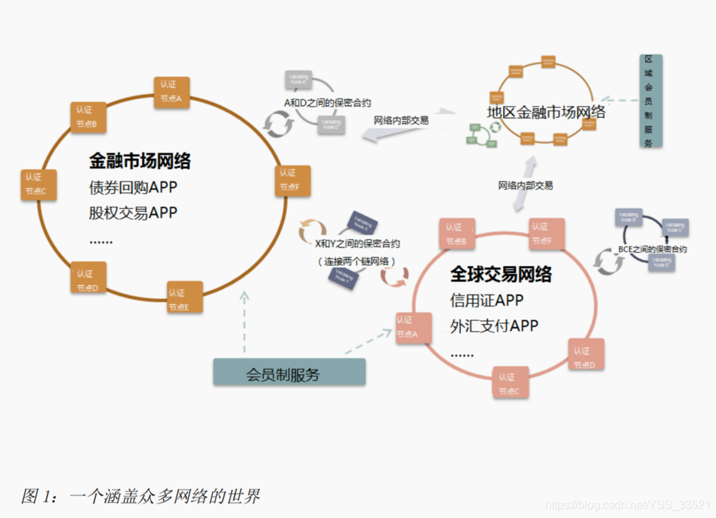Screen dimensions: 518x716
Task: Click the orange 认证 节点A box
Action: coord(171,92)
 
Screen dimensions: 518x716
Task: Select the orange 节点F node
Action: coord(292,181)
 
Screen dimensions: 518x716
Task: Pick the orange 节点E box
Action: coord(184,298)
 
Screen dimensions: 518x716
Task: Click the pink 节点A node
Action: coord(411,327)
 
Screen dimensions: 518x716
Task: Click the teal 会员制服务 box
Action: coord(289,373)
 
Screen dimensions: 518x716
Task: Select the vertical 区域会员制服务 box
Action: coord(649,101)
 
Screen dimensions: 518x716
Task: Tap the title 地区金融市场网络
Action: coord(546,112)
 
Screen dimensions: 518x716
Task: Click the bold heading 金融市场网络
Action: coord(140,161)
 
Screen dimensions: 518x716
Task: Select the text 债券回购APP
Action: coord(133,188)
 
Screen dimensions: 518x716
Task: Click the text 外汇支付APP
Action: coord(494,326)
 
